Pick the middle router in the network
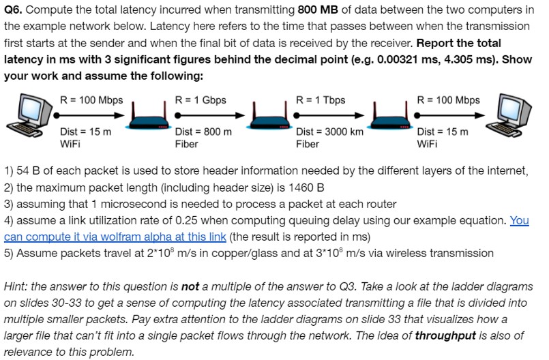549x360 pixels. point(271,121)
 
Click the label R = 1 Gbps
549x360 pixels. point(201,100)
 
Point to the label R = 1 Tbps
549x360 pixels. point(321,100)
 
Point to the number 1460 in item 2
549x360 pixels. point(293,187)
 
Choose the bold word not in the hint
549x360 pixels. point(190,287)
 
